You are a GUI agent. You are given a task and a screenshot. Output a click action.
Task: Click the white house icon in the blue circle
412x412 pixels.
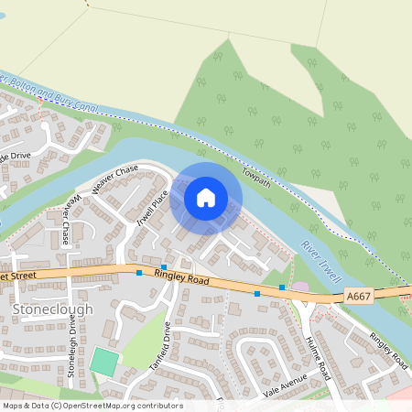click(206, 197)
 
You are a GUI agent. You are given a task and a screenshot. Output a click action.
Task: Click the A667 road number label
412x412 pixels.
click(358, 297)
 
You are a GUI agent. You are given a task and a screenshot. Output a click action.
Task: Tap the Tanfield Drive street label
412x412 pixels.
click(160, 346)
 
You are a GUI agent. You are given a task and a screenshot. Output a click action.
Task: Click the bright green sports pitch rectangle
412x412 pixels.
click(104, 361)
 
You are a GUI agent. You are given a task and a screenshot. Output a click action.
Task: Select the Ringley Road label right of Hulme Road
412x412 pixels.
click(388, 349)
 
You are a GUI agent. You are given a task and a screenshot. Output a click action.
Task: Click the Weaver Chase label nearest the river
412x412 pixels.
click(114, 173)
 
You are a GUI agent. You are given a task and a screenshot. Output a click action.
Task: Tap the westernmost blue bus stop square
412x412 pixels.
click(139, 273)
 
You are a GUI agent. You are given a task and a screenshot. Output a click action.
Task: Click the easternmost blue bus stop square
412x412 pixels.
click(282, 287)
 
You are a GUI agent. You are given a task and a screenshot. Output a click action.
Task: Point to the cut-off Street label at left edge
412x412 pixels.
click(18, 275)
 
